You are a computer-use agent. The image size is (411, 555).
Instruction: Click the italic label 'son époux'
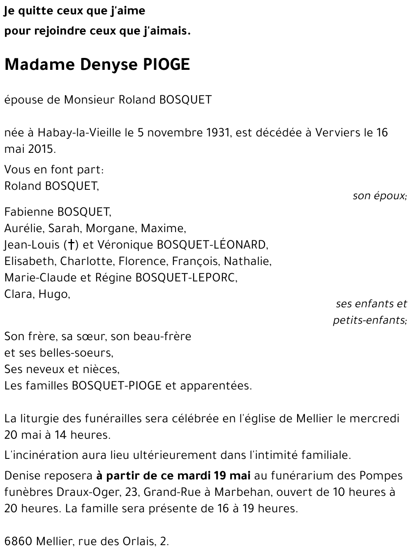(x=379, y=196)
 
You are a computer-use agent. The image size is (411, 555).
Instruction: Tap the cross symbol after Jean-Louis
(x=71, y=245)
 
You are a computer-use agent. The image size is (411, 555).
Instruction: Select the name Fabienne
(x=29, y=212)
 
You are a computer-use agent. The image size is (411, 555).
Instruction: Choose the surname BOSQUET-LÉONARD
(x=212, y=245)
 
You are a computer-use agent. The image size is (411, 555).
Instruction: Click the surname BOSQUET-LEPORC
(x=186, y=278)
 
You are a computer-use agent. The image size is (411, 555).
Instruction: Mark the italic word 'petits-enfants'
(x=369, y=320)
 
